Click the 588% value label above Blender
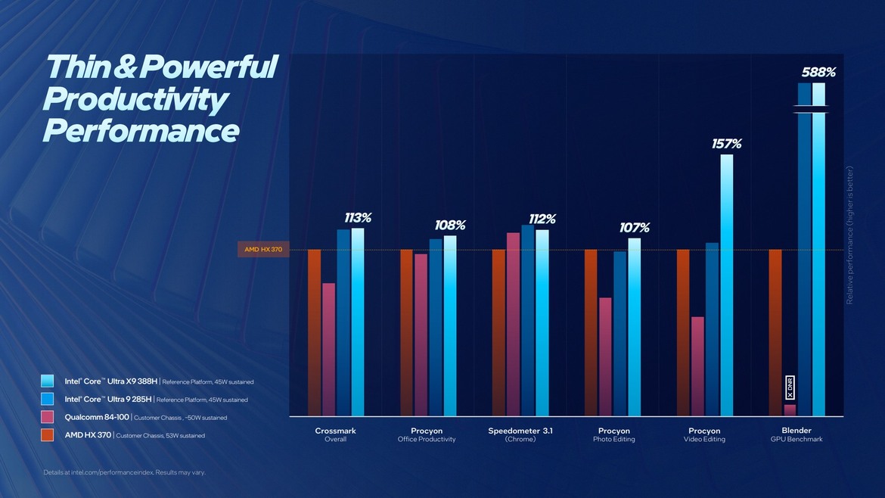tap(818, 73)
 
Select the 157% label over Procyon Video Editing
tap(726, 144)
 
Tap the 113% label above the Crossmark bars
tap(357, 218)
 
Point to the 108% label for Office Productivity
tap(449, 226)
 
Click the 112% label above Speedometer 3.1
tap(541, 219)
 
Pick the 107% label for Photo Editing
tap(634, 228)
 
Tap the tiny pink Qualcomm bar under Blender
tap(790, 410)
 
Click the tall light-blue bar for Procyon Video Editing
tap(726, 288)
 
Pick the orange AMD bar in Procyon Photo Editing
tap(591, 333)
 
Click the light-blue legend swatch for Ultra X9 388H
tap(48, 381)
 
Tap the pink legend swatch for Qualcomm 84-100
tap(48, 417)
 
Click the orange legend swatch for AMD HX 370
tap(48, 435)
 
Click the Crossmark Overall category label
tap(335, 434)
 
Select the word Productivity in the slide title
tap(135, 100)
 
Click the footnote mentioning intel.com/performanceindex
tap(124, 472)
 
